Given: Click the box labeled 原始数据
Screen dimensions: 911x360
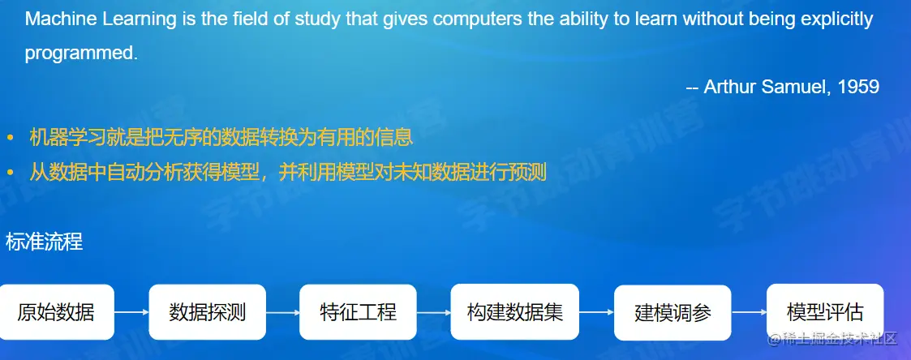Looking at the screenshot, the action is pos(56,312).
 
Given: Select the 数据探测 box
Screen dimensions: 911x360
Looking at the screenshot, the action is pos(208,312).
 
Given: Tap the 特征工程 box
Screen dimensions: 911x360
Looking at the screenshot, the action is pos(358,312).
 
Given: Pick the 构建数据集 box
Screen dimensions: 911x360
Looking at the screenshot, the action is pos(515,312).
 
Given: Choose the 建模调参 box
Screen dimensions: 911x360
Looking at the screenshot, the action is pos(673,313).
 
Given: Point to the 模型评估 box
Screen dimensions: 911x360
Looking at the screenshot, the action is pos(825,312).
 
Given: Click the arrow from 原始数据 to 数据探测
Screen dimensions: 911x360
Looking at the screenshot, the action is pos(132,312).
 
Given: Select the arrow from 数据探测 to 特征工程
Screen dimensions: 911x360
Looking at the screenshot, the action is pos(283,312).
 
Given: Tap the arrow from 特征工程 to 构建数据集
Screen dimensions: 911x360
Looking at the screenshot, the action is pos(434,312).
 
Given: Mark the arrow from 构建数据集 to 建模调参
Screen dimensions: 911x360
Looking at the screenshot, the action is pos(597,312).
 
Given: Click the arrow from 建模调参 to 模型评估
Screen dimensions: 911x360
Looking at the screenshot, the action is pos(749,312).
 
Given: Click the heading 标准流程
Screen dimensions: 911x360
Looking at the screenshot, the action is pos(44,242).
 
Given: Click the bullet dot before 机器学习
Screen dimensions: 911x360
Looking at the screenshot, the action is pos(10,138).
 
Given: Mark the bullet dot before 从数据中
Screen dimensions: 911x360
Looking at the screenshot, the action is pos(10,173).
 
